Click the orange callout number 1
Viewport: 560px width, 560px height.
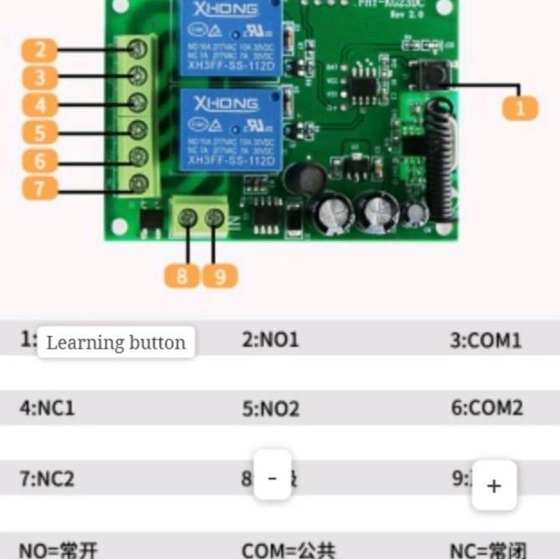[x=520, y=107]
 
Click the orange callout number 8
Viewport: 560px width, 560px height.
[x=182, y=275]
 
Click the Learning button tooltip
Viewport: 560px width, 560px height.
[x=116, y=343]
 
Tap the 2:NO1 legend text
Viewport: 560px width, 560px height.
[x=270, y=340]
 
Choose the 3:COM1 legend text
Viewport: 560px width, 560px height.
[x=486, y=340]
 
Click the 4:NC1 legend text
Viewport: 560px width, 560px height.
[x=47, y=409]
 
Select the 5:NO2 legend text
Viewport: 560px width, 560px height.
[x=270, y=409]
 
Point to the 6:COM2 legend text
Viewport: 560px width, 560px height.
[x=486, y=409]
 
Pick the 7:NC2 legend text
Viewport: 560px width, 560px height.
[x=47, y=479]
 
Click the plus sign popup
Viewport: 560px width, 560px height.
[x=494, y=486]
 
